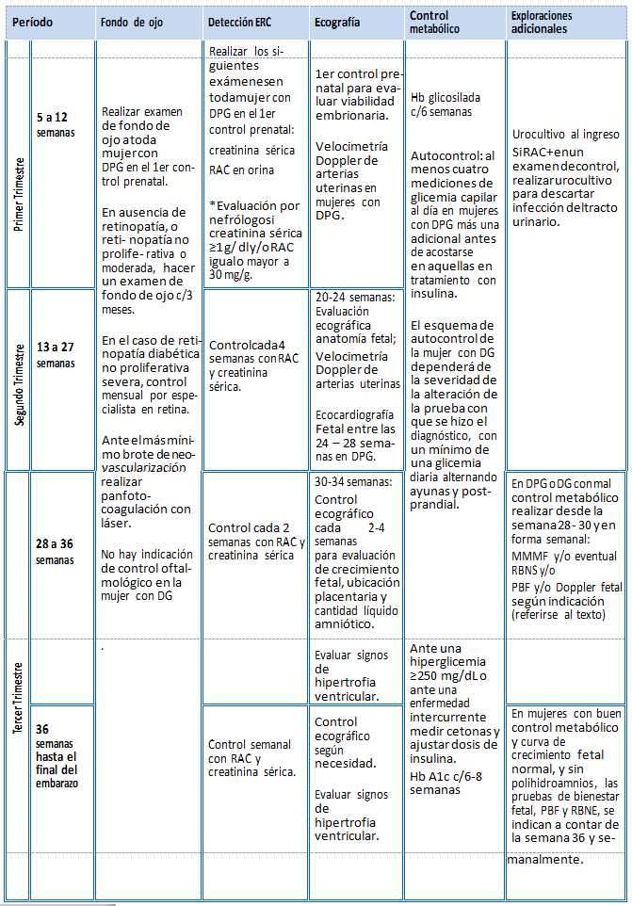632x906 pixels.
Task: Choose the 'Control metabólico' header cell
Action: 430,22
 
